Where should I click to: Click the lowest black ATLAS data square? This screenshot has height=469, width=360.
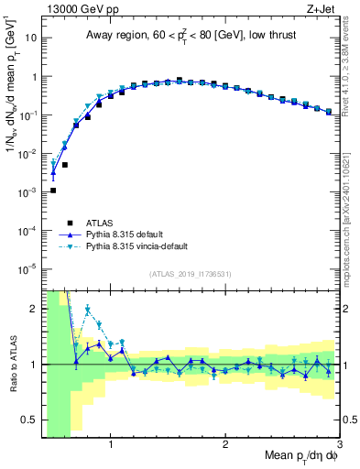tap(53, 191)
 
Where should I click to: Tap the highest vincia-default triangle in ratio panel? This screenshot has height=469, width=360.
tap(88, 310)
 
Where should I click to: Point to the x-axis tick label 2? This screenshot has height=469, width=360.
tap(225, 445)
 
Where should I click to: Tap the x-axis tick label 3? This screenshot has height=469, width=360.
tap(339, 445)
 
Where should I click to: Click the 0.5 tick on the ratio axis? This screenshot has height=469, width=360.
tap(29, 420)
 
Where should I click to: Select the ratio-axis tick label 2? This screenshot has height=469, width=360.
tap(34, 309)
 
